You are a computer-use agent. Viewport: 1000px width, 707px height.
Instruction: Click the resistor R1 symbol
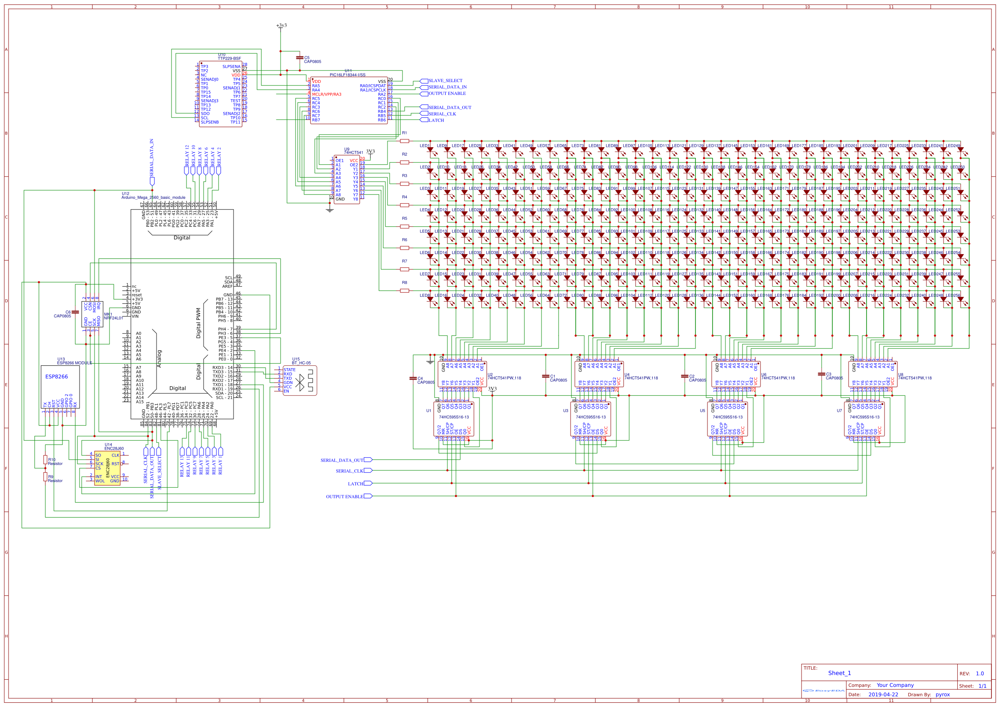click(x=404, y=141)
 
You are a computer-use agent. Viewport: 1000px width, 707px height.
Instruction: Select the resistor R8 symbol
click(x=404, y=290)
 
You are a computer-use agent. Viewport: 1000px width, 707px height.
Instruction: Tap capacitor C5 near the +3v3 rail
click(x=299, y=57)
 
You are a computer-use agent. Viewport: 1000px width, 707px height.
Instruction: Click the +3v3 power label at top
click(x=281, y=25)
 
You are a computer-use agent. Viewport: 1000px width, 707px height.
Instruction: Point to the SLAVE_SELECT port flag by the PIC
click(x=424, y=81)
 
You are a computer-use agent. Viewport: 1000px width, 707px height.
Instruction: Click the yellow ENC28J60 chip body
click(x=107, y=468)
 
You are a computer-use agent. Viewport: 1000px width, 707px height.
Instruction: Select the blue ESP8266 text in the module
click(x=56, y=376)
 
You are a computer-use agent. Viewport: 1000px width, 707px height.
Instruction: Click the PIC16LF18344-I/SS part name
click(x=347, y=75)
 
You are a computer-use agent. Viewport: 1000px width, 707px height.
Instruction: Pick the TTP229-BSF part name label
click(x=229, y=58)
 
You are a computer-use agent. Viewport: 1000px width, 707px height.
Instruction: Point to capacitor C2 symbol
click(x=684, y=376)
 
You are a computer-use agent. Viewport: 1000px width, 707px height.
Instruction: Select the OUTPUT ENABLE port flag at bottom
click(x=367, y=496)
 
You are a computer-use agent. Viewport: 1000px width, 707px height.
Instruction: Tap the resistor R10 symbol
click(x=45, y=460)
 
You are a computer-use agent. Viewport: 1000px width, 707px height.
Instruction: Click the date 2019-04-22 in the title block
click(x=883, y=694)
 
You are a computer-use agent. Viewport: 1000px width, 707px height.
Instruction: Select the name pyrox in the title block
click(x=943, y=694)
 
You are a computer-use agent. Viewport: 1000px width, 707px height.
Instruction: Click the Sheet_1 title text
click(x=839, y=673)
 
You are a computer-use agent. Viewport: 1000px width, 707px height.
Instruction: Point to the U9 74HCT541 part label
click(x=353, y=152)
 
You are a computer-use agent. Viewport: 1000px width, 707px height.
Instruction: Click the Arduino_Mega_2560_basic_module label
click(x=153, y=197)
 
